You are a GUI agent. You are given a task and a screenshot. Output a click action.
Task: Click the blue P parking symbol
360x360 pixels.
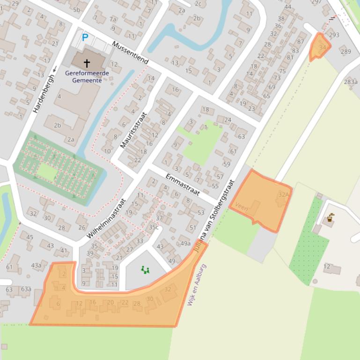tap(85, 38)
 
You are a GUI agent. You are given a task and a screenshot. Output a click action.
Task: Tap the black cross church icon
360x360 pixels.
tap(87, 63)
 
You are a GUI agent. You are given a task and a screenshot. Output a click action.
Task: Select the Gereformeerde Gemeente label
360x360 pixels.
tap(87, 76)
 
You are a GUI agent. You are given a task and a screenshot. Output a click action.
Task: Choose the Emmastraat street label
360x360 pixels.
tap(183, 185)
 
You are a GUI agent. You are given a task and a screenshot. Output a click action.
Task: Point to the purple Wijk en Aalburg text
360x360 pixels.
tap(197, 285)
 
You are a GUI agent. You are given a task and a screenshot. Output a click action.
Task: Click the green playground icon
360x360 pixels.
tap(146, 270)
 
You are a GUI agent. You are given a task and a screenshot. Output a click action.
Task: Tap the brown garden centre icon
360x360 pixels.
tap(331, 217)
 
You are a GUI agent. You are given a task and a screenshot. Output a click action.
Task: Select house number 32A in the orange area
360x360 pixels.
tap(284, 194)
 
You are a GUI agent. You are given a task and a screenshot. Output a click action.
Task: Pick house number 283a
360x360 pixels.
tap(351, 82)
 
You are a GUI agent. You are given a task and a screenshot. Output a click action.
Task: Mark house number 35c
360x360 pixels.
tap(154, 228)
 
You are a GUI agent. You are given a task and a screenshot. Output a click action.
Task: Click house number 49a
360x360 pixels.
tap(185, 243)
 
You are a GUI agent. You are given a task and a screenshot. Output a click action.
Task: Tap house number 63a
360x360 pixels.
tap(25, 289)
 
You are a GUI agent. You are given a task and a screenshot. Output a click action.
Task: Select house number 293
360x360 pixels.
tap(334, 35)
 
